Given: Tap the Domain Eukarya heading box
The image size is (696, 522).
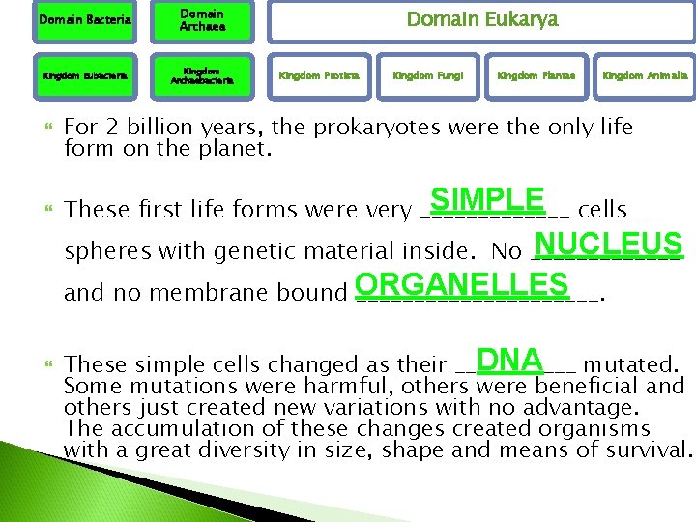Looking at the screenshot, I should click(480, 20).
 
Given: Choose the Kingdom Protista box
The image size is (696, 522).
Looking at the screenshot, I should click(319, 74).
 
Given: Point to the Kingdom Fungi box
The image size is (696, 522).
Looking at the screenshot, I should click(427, 74).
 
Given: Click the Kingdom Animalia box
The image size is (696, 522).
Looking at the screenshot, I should click(645, 74).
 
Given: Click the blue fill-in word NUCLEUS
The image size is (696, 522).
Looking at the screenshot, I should click(608, 242).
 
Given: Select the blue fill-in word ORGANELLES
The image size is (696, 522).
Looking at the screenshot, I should click(461, 284).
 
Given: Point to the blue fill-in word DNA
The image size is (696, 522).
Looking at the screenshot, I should click(508, 360).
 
